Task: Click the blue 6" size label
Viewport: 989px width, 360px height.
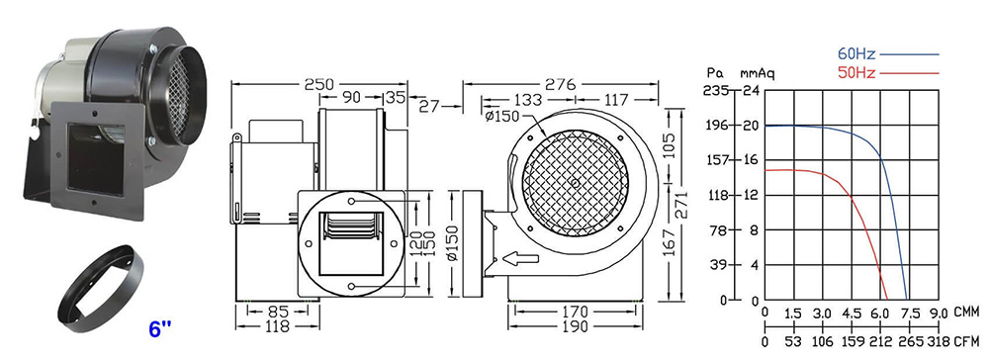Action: (x=160, y=329)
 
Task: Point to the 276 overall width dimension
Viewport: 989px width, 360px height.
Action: (x=561, y=84)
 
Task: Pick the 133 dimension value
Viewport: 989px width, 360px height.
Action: (x=528, y=100)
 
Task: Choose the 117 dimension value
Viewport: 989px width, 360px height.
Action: (x=616, y=100)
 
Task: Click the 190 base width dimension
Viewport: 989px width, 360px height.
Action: (x=576, y=326)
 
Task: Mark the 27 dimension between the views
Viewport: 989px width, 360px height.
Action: (x=429, y=106)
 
